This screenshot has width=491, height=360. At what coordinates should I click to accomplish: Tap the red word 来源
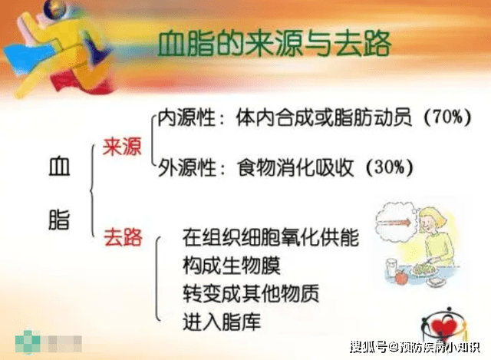[x=122, y=147]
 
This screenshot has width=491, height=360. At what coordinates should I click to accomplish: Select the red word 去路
[x=123, y=237]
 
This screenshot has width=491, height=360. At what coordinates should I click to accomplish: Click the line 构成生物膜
[x=232, y=265]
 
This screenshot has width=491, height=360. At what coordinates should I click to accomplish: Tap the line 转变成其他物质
[x=251, y=293]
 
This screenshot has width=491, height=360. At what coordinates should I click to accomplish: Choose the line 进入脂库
[x=222, y=322]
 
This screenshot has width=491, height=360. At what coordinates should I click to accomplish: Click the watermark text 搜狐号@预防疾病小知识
[x=414, y=346]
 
